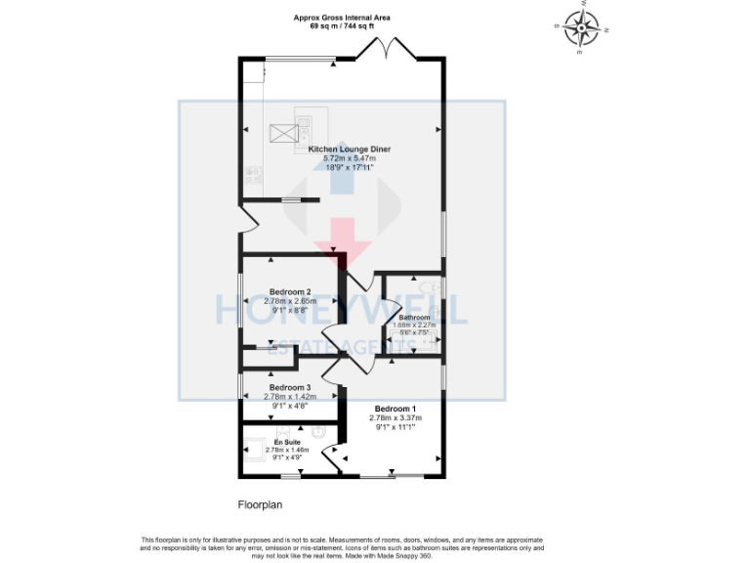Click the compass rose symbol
coord(583,28)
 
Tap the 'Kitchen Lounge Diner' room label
coord(350,150)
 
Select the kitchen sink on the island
coord(304,129)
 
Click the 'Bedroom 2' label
coord(290,292)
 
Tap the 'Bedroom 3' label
coord(290,388)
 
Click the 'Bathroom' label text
coord(414,318)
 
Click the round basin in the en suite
coord(318,430)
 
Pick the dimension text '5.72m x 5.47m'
coord(350,158)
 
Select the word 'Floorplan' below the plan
coord(261,504)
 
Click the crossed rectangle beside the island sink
coord(281,129)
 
